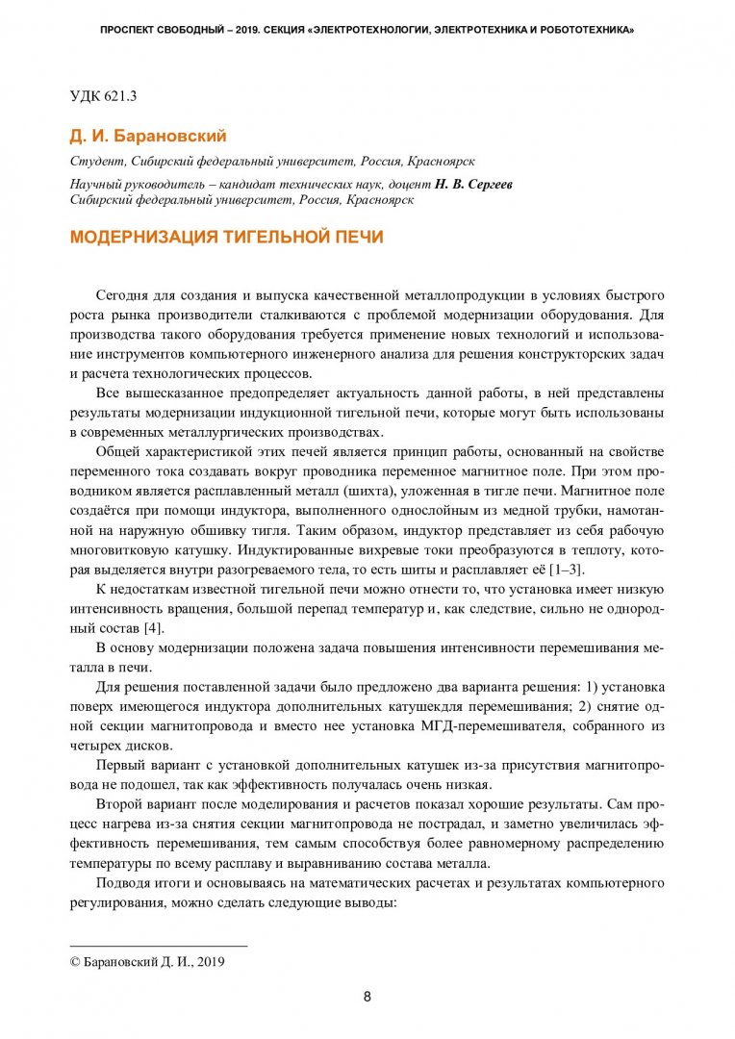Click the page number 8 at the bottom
tap(367, 996)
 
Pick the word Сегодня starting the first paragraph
tap(128, 293)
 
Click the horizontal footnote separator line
tap(159, 946)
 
